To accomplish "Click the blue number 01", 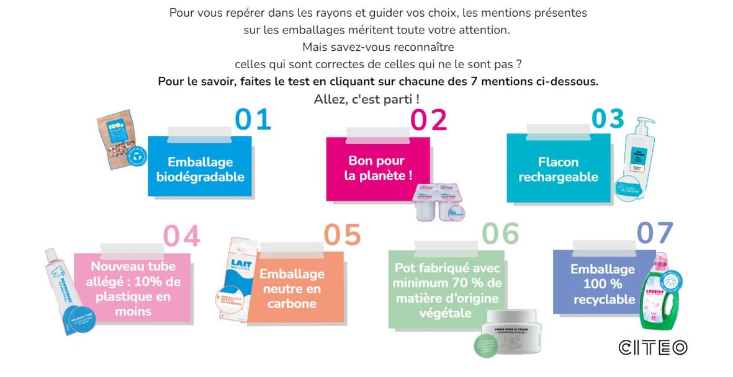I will point(253,120).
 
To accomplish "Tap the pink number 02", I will point(428,120).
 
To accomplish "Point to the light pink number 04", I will point(181,236).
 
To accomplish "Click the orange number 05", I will point(342,235).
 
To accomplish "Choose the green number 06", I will point(500,234).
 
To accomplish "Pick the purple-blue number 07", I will point(655,233).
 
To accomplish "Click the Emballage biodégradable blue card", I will point(200,169).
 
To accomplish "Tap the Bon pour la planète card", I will point(378,168).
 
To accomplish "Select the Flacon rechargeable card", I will point(558,169).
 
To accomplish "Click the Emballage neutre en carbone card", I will point(292,288).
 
